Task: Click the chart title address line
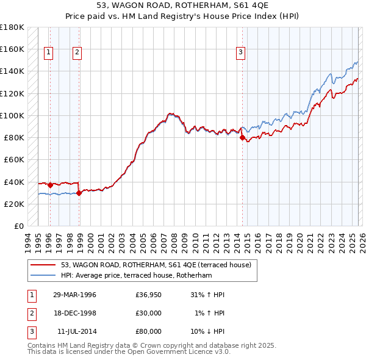[182, 5]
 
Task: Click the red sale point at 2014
[242, 138]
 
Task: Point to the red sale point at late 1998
[79, 193]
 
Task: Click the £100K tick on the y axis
[12, 115]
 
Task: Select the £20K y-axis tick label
[13, 204]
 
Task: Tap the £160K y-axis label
[12, 49]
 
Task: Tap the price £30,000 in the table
[149, 313]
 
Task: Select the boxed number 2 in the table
[31, 313]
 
